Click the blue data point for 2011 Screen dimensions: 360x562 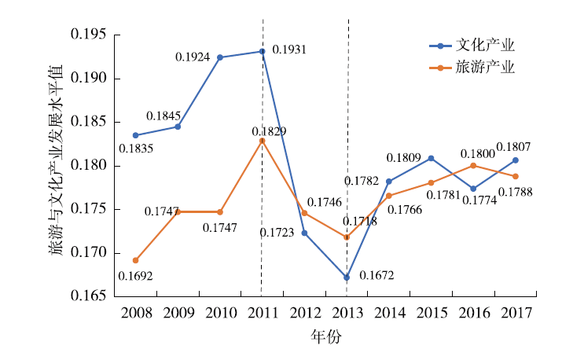click(x=263, y=51)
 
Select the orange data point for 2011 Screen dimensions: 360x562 click(x=263, y=140)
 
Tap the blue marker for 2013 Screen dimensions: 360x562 click(x=347, y=277)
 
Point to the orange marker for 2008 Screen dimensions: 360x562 click(x=135, y=260)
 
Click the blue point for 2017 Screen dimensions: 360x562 click(x=516, y=160)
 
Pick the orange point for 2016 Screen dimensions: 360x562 click(x=473, y=165)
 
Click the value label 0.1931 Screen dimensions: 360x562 click(x=289, y=50)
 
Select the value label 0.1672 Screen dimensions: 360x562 click(x=377, y=276)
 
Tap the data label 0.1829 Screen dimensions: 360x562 click(x=269, y=130)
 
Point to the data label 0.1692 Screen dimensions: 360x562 click(x=135, y=276)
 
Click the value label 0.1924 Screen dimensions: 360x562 click(x=192, y=57)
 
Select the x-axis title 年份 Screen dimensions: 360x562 click(x=325, y=336)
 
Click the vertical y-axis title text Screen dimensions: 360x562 click(x=56, y=166)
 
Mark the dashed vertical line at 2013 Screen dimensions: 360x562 click(x=347, y=118)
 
